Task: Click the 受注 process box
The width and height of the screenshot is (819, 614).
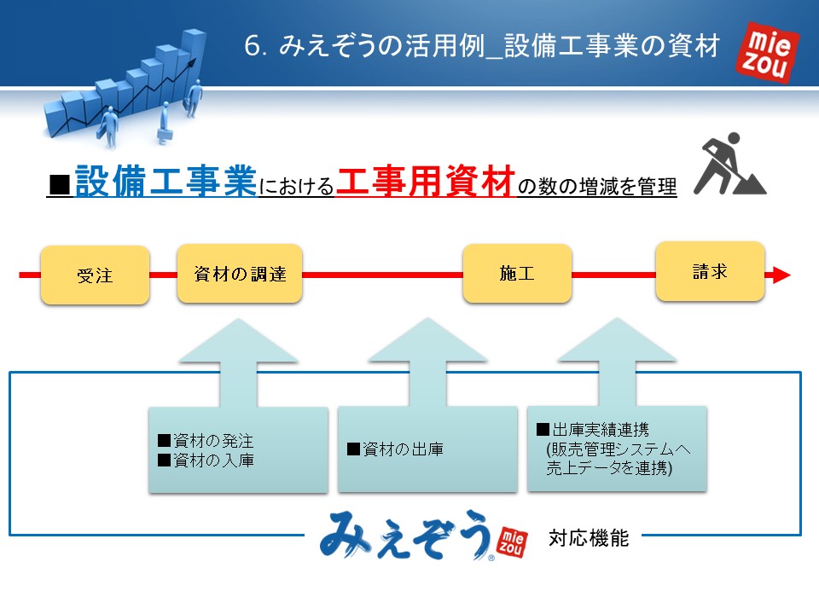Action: click(x=95, y=275)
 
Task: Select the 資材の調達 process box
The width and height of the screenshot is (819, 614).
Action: click(x=240, y=273)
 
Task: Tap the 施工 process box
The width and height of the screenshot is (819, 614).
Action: click(x=517, y=273)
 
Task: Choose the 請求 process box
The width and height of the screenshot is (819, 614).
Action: click(x=710, y=271)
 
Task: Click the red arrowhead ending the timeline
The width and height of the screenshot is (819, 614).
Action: click(x=781, y=275)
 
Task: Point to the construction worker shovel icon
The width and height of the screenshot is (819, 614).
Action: click(x=730, y=164)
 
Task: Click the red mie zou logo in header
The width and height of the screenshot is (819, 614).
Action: click(x=767, y=52)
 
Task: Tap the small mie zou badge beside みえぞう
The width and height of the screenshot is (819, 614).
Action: click(x=512, y=542)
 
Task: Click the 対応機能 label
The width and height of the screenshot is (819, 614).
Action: click(x=589, y=538)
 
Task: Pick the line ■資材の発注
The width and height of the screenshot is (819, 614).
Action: click(x=206, y=441)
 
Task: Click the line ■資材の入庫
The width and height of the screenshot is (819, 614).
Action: click(x=206, y=460)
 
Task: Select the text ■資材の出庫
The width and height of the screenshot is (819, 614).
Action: click(x=395, y=449)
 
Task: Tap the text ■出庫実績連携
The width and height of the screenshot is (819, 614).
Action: click(x=593, y=430)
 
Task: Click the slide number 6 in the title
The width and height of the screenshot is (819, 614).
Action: click(x=252, y=46)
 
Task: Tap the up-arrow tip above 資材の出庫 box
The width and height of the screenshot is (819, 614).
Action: click(x=427, y=318)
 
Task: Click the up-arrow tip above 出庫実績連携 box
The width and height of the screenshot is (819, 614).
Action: click(x=617, y=318)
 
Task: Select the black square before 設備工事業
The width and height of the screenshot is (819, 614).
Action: click(x=60, y=185)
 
